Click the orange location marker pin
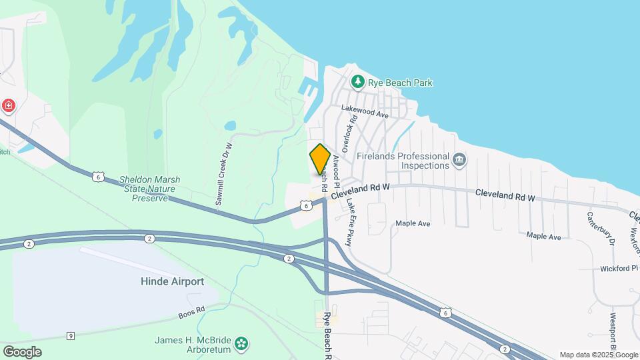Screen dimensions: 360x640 click(320, 159)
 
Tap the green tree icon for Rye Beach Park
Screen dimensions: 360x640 click(358, 81)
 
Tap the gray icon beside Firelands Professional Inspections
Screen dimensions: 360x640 click(459, 160)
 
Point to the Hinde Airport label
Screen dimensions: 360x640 click(172, 281)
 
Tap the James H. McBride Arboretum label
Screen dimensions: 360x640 click(193, 344)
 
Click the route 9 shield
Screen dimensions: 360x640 click(70, 335)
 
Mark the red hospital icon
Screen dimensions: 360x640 click(8, 105)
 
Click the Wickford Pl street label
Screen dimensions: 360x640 click(619, 269)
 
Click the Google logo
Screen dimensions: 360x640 click(22, 351)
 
